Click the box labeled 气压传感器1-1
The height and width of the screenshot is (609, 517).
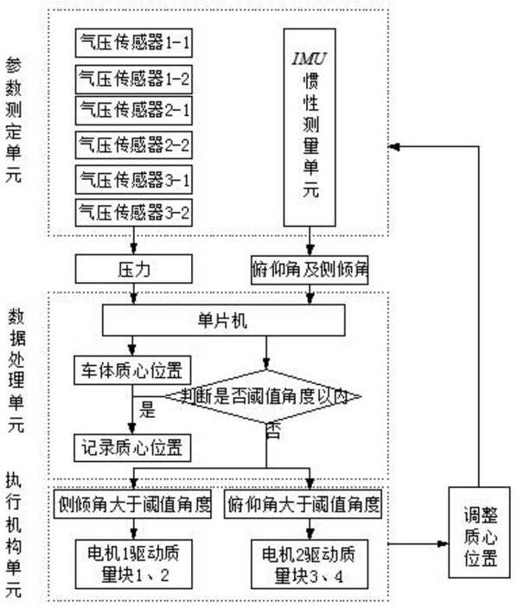point(133,42)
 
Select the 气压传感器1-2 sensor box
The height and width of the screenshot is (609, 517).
point(133,80)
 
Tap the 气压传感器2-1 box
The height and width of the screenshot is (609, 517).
point(133,111)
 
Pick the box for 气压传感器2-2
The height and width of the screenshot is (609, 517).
point(133,144)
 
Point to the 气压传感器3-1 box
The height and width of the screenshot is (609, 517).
point(133,179)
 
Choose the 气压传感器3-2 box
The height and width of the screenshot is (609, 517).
point(133,213)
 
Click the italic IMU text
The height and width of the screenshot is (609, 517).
point(310,59)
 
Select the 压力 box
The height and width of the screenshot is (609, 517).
point(133,269)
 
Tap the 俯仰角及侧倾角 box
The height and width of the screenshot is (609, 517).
point(310,270)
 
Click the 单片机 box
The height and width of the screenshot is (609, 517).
point(224,320)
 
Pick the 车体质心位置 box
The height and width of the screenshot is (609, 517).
point(132,370)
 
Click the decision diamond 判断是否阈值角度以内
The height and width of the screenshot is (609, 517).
point(264,396)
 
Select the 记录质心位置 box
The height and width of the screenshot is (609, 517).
point(132,448)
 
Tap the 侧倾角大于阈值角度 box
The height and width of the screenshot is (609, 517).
point(132,504)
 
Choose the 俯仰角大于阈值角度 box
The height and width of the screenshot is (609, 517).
point(303,504)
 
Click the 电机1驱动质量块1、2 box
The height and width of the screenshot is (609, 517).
point(133,564)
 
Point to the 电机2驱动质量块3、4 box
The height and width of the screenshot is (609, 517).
point(310,564)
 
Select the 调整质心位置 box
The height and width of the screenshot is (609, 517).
point(479,532)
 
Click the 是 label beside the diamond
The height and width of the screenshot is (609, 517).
point(148,409)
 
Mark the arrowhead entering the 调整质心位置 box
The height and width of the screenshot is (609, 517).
point(444,544)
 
